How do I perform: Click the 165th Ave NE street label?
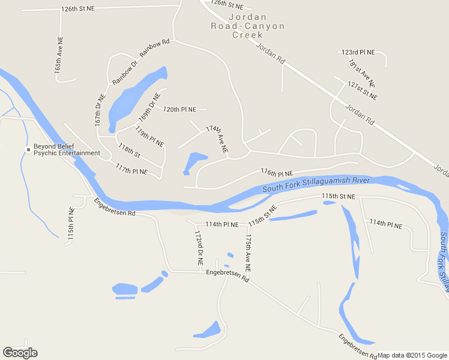[59, 55]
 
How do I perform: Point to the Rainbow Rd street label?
[155, 48]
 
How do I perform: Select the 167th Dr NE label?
[100, 109]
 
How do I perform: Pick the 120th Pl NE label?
[179, 109]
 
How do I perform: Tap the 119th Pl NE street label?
[149, 136]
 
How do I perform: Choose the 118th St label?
[129, 151]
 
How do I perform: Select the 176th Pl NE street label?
[277, 172]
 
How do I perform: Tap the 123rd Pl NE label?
[358, 53]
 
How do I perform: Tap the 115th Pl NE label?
[71, 224]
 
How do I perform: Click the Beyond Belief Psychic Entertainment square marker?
[28, 149]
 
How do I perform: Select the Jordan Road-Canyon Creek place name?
[247, 26]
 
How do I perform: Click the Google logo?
[20, 353]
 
